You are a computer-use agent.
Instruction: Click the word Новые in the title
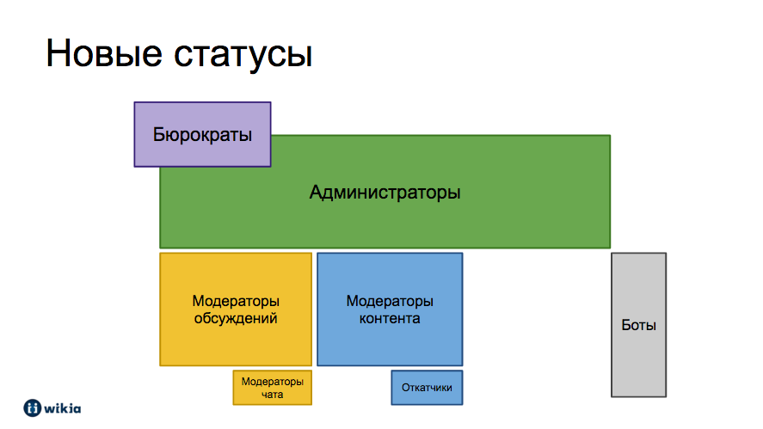[x=104, y=53]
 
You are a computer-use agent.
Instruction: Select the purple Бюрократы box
[x=202, y=134]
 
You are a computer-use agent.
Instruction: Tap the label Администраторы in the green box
[x=385, y=192]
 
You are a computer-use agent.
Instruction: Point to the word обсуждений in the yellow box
[x=236, y=319]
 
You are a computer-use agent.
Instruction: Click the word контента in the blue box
[x=390, y=319]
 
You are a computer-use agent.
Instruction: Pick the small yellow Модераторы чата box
[x=273, y=388]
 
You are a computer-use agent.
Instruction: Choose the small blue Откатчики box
[x=428, y=388]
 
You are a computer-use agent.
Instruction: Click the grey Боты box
[x=639, y=325]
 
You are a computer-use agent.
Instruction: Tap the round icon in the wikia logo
[x=33, y=408]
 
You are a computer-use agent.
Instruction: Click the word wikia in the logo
[x=63, y=408]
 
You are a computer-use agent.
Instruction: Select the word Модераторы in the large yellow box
[x=236, y=301]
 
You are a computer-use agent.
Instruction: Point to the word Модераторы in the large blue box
[x=390, y=301]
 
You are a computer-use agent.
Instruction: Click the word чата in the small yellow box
[x=273, y=395]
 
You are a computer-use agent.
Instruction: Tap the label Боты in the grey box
[x=639, y=325]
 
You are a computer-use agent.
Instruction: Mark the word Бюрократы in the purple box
[x=202, y=135]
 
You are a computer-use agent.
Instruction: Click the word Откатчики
[x=427, y=388]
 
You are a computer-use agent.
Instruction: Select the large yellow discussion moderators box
[x=236, y=309]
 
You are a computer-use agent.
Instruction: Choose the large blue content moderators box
[x=390, y=309]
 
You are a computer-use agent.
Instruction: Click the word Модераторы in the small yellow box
[x=273, y=382]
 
